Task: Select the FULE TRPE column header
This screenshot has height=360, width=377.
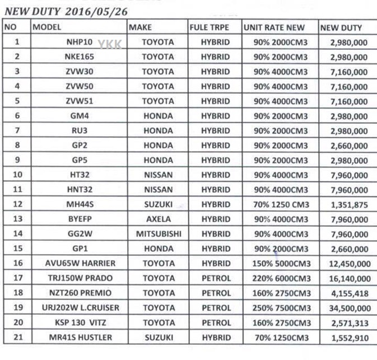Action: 210,27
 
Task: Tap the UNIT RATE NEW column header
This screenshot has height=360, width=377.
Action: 274,27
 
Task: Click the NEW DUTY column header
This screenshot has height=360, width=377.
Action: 341,27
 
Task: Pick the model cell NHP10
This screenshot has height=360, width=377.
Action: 80,42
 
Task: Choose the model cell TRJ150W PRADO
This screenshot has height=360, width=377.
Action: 79,278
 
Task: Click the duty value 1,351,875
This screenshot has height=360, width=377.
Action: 349,205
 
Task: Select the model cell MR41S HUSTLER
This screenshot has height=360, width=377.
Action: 79,337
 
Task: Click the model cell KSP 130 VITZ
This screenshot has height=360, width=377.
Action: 79,322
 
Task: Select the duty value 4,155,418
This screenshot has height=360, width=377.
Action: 349,293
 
